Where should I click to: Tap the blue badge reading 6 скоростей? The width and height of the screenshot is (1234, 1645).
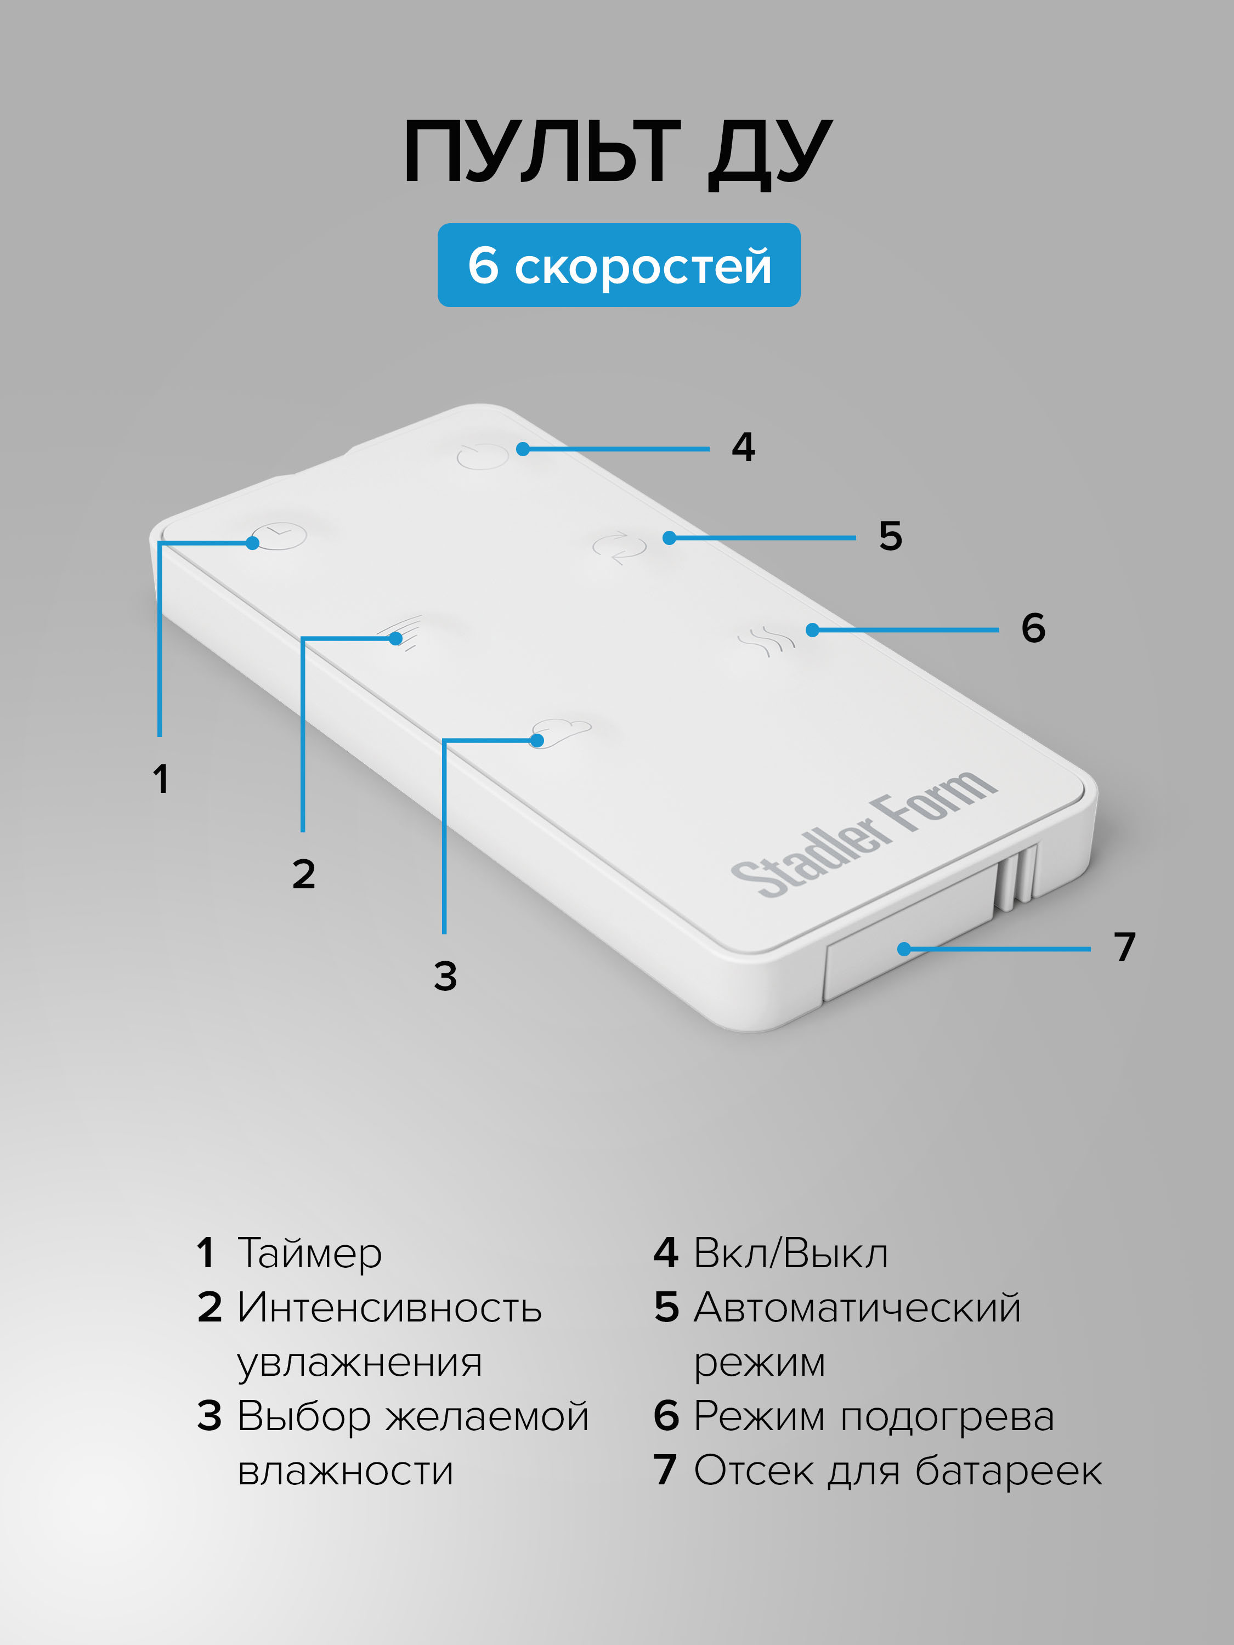tap(618, 265)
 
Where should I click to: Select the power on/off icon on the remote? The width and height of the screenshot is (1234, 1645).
tap(482, 455)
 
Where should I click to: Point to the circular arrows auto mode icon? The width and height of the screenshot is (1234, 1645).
tap(619, 547)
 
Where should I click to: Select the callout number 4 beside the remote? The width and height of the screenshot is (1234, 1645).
tap(743, 447)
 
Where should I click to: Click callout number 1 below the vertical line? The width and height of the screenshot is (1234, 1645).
tap(161, 779)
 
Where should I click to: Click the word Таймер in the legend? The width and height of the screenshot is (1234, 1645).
tap(309, 1253)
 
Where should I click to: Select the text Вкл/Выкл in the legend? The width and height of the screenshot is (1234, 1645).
tap(791, 1253)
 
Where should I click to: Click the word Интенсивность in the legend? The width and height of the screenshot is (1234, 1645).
tap(389, 1307)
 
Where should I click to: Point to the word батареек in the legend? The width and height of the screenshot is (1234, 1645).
tap(1008, 1471)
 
